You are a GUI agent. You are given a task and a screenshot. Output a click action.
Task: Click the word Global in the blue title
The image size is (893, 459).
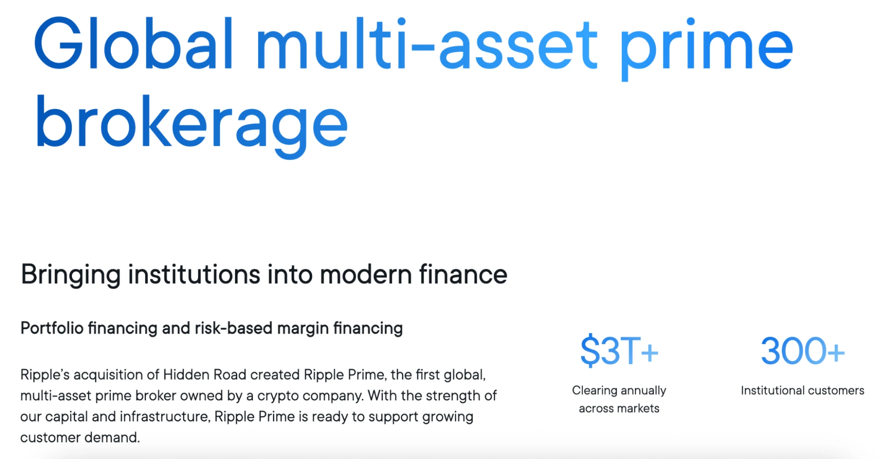point(133,44)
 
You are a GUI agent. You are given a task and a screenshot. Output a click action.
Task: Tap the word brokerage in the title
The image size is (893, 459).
point(191,123)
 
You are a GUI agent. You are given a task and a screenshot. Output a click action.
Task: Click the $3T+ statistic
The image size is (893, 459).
point(619,351)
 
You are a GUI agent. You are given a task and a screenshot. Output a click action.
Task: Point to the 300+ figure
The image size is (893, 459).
point(802,351)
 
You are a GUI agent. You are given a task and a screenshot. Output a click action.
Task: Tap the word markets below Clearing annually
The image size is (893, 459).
point(637,408)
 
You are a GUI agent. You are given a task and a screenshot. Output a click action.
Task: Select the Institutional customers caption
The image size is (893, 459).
point(802,391)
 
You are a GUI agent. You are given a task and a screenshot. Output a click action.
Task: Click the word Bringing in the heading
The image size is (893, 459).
point(71,274)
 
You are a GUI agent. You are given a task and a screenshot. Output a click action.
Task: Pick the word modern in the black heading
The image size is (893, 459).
point(366,274)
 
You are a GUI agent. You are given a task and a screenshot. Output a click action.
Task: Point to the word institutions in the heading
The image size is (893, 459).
point(194,274)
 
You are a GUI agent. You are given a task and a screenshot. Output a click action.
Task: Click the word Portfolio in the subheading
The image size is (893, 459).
point(52,328)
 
